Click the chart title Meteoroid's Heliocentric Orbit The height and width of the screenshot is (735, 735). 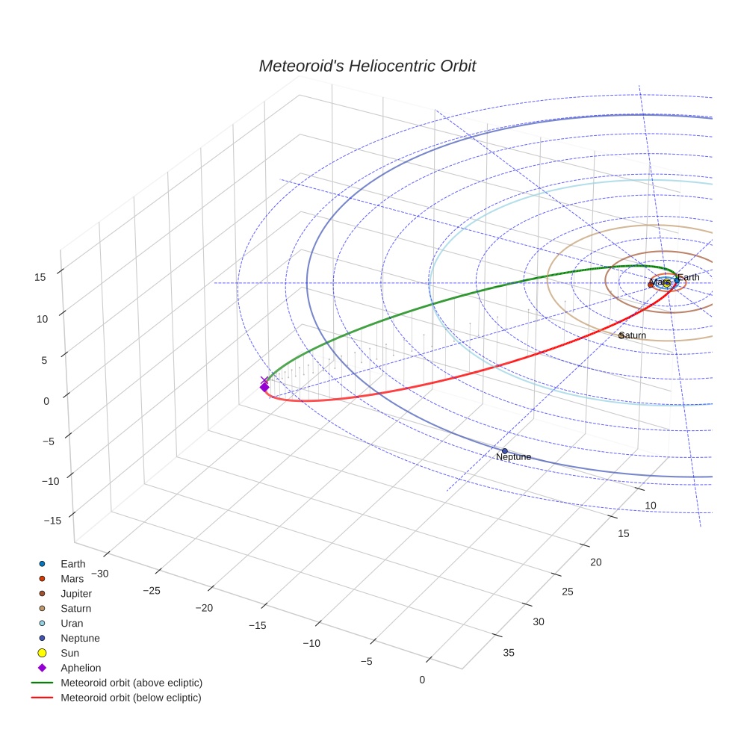pyautogui.click(x=367, y=66)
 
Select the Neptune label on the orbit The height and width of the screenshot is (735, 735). pyautogui.click(x=513, y=456)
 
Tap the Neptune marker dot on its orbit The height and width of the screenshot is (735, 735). pyautogui.click(x=504, y=450)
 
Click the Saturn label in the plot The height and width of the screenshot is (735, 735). pyautogui.click(x=633, y=335)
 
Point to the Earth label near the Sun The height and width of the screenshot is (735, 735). pyautogui.click(x=689, y=277)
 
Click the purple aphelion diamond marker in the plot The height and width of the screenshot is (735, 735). pyautogui.click(x=264, y=386)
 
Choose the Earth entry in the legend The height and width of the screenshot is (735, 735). pyautogui.click(x=72, y=564)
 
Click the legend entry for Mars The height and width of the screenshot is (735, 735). pyautogui.click(x=72, y=579)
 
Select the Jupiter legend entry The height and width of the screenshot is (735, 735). pyautogui.click(x=76, y=594)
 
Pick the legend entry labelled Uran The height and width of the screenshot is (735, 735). pyautogui.click(x=72, y=623)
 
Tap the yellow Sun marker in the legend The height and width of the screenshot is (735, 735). pyautogui.click(x=43, y=653)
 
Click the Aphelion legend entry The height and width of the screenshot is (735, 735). pyautogui.click(x=81, y=668)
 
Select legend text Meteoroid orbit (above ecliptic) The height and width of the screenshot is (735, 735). pyautogui.click(x=131, y=683)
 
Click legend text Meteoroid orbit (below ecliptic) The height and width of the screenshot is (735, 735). pyautogui.click(x=131, y=698)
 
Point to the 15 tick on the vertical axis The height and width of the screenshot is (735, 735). pyautogui.click(x=40, y=276)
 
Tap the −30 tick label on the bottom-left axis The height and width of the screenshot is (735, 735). pyautogui.click(x=99, y=574)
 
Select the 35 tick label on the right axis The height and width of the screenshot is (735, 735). pyautogui.click(x=509, y=653)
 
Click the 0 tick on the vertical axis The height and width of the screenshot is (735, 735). pyautogui.click(x=46, y=400)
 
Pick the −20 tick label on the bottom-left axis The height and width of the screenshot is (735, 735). pyautogui.click(x=204, y=608)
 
